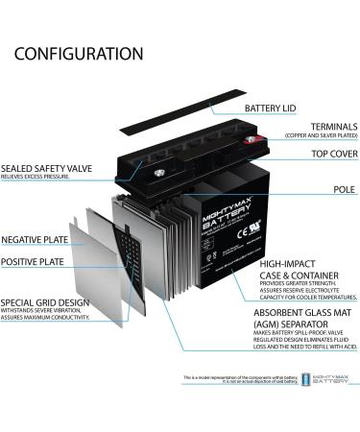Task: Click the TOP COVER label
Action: [326, 154]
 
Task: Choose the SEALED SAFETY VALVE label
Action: [46, 169]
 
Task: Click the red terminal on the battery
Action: [253, 142]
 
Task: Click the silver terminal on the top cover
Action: [133, 172]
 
